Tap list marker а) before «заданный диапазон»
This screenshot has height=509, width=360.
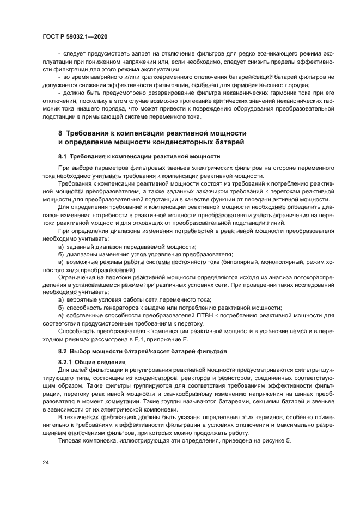click(61, 247)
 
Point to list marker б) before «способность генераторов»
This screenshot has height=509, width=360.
click(61, 307)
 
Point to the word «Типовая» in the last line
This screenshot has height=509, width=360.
click(71, 439)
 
